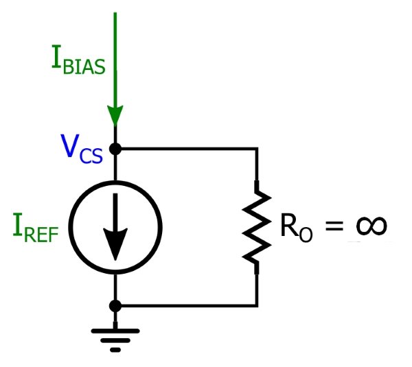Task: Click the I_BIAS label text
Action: tap(78, 62)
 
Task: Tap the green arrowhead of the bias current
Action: tap(115, 114)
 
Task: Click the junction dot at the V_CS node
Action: tap(115, 148)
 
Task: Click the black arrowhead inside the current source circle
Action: tap(115, 244)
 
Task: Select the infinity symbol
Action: tap(367, 226)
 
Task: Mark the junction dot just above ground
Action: tap(115, 305)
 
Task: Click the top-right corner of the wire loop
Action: tap(257, 148)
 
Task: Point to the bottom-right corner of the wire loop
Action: tap(257, 305)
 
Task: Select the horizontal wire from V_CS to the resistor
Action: tap(185, 148)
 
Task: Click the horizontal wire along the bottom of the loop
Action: tap(185, 305)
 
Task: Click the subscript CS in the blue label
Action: tap(91, 156)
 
